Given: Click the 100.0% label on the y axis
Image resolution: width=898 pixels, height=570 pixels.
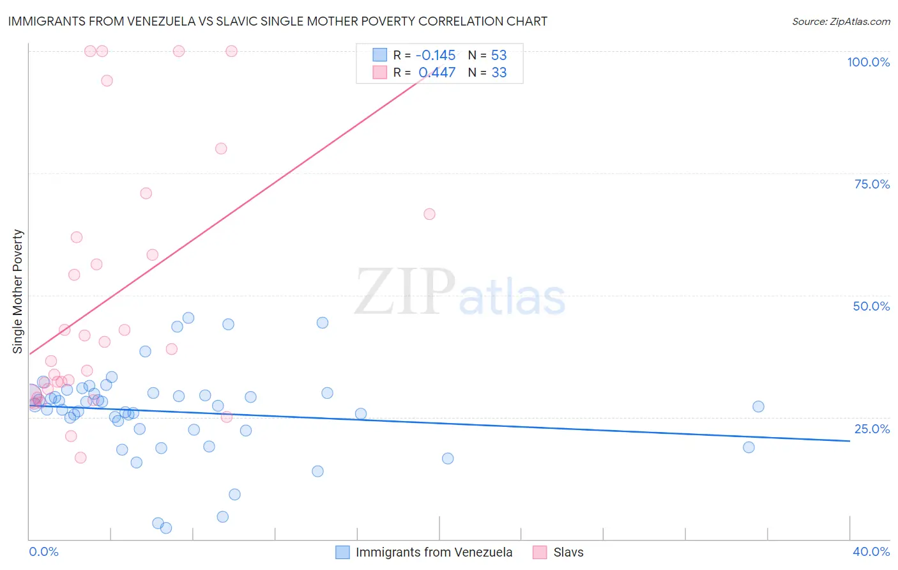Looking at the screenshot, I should click(868, 62).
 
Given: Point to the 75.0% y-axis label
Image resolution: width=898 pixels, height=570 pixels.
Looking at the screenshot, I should click(872, 184).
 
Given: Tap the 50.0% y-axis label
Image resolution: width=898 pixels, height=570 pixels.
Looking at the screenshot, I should click(871, 306).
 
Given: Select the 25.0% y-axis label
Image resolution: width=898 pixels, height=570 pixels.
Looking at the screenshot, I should click(872, 429).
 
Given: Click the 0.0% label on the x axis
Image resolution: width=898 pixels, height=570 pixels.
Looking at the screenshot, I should click(43, 551).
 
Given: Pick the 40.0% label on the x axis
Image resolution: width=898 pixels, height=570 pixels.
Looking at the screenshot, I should click(871, 551).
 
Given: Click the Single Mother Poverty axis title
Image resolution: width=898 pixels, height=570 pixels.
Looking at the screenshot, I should click(18, 291).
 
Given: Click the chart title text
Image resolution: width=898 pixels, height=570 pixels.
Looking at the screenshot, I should click(277, 21).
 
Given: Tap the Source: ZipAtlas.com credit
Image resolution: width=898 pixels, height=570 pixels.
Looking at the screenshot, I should click(841, 22).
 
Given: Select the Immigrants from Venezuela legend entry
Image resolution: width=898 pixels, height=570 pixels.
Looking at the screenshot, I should click(434, 552).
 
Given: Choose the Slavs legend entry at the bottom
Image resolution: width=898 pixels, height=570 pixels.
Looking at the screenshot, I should click(568, 552).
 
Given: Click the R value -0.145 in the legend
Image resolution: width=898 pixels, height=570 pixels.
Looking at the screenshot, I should click(435, 55).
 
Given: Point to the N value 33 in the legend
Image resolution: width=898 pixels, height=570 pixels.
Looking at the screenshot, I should click(499, 73).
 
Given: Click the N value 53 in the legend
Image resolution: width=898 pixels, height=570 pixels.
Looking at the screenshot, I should click(499, 55).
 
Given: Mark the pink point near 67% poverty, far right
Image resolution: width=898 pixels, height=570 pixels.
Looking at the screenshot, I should click(429, 214).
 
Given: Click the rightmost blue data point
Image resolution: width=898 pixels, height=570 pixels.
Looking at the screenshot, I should click(758, 406).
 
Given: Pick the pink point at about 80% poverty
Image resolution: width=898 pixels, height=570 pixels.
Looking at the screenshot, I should click(221, 148).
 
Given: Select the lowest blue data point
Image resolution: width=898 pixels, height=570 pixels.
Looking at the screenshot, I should click(166, 528).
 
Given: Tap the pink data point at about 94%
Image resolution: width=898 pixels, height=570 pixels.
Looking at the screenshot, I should click(107, 81).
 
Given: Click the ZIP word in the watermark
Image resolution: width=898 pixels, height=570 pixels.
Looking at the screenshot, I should click(405, 291).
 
